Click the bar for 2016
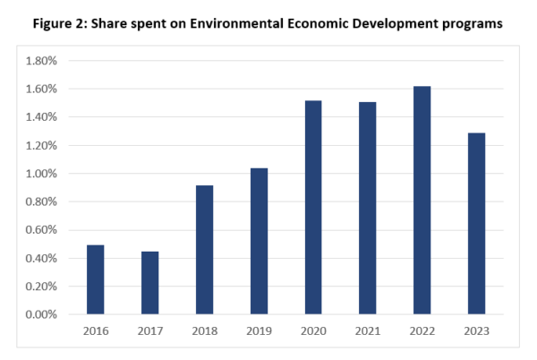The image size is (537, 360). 96,279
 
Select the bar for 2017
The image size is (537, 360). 150,283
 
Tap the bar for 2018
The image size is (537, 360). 204,250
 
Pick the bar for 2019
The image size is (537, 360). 259,241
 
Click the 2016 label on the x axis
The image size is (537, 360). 96,331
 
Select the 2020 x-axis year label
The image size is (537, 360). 313,331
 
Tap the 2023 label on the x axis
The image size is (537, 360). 476,331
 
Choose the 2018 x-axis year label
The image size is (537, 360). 204,331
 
